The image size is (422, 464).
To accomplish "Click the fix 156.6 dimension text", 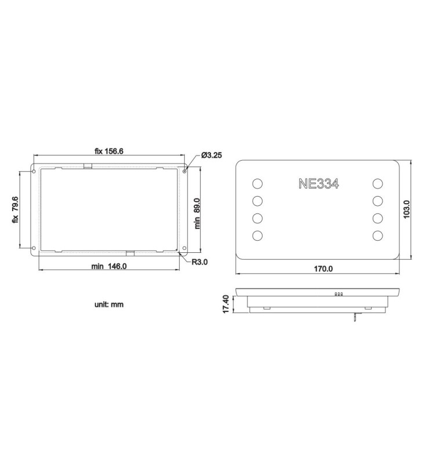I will click(x=109, y=151).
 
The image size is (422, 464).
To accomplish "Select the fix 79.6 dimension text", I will click(x=15, y=211).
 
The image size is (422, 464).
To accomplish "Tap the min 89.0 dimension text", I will click(x=197, y=213).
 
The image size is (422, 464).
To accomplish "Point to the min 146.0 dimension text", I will click(x=109, y=266).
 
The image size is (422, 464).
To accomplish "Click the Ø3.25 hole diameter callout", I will click(x=213, y=155).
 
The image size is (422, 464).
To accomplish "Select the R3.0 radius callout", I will click(x=201, y=262).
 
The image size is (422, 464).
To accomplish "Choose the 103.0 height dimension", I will click(x=406, y=210).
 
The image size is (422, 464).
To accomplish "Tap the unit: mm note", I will click(x=109, y=304).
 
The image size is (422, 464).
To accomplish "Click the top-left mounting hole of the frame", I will click(x=34, y=172).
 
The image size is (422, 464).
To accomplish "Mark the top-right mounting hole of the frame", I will click(x=184, y=171).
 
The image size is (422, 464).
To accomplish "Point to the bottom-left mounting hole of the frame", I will click(x=34, y=249).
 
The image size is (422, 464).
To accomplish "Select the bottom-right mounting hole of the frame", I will click(x=184, y=249).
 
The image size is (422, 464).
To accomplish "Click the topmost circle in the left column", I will click(x=257, y=184).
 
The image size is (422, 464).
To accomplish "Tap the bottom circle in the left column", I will click(x=257, y=235).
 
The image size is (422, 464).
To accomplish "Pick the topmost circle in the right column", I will click(x=378, y=184).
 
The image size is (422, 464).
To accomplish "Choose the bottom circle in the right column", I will click(x=378, y=235).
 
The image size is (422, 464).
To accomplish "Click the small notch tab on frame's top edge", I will click(x=88, y=166).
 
